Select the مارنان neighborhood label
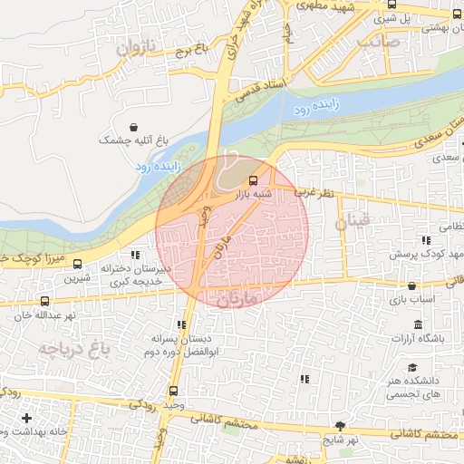tap(240, 296)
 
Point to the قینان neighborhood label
tap(353, 220)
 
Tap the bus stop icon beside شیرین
tap(76, 266)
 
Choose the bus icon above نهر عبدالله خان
tap(44, 301)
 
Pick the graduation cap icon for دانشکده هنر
tap(411, 368)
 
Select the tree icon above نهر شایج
tap(341, 425)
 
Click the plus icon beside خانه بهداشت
tap(26, 419)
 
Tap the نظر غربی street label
tap(315, 193)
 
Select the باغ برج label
tap(193, 47)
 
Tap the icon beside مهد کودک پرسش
tap(424, 240)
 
